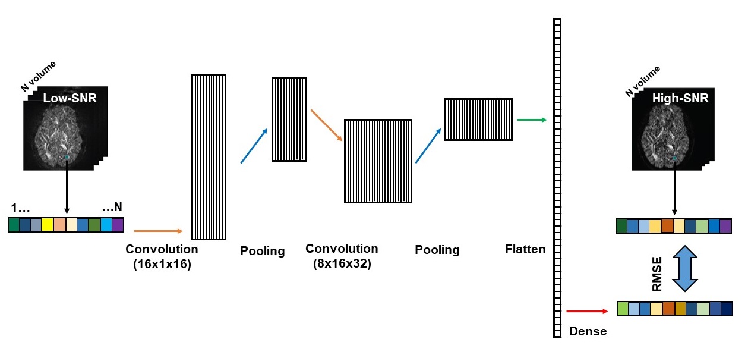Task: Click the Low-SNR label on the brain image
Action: [x=70, y=98]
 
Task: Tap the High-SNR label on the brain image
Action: [x=680, y=98]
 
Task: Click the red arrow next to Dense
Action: [x=588, y=311]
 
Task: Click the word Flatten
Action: [x=525, y=249]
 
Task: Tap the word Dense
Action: [x=588, y=331]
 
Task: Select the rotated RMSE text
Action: [x=658, y=277]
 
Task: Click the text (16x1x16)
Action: [x=162, y=265]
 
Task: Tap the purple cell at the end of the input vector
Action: [x=118, y=225]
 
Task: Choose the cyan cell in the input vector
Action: [x=106, y=225]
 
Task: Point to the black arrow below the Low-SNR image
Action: [x=66, y=184]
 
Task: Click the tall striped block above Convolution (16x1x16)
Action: [x=209, y=157]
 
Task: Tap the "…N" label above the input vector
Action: [x=112, y=208]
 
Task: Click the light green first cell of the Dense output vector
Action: [x=623, y=309]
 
